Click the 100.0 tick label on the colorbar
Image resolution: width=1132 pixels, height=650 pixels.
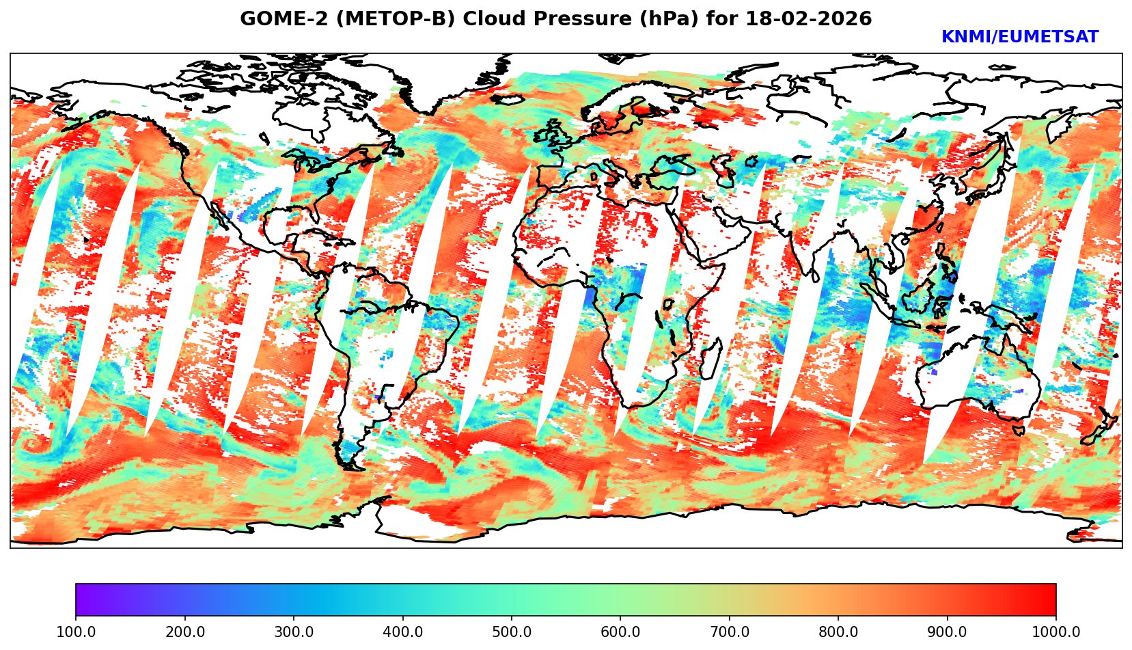[x=75, y=632]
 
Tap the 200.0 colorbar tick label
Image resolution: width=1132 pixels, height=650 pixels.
[x=184, y=632]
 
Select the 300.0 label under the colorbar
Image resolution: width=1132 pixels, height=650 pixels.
[x=293, y=632]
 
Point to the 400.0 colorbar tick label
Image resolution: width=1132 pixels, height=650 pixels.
[x=402, y=632]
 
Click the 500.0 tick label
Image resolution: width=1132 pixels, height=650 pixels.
[x=511, y=632]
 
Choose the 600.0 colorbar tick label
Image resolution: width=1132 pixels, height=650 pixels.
[x=620, y=632]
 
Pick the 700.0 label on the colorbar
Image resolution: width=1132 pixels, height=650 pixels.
[x=729, y=632]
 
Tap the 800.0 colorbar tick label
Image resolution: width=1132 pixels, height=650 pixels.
[x=838, y=632]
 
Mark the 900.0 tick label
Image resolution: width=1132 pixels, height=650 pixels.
[x=947, y=632]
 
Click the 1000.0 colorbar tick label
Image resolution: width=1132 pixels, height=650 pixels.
[x=1055, y=632]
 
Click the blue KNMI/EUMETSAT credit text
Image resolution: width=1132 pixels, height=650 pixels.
[x=1019, y=38]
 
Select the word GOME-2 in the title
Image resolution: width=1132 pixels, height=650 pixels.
[x=273, y=19]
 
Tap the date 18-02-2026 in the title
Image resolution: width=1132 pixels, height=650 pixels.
[x=809, y=19]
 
